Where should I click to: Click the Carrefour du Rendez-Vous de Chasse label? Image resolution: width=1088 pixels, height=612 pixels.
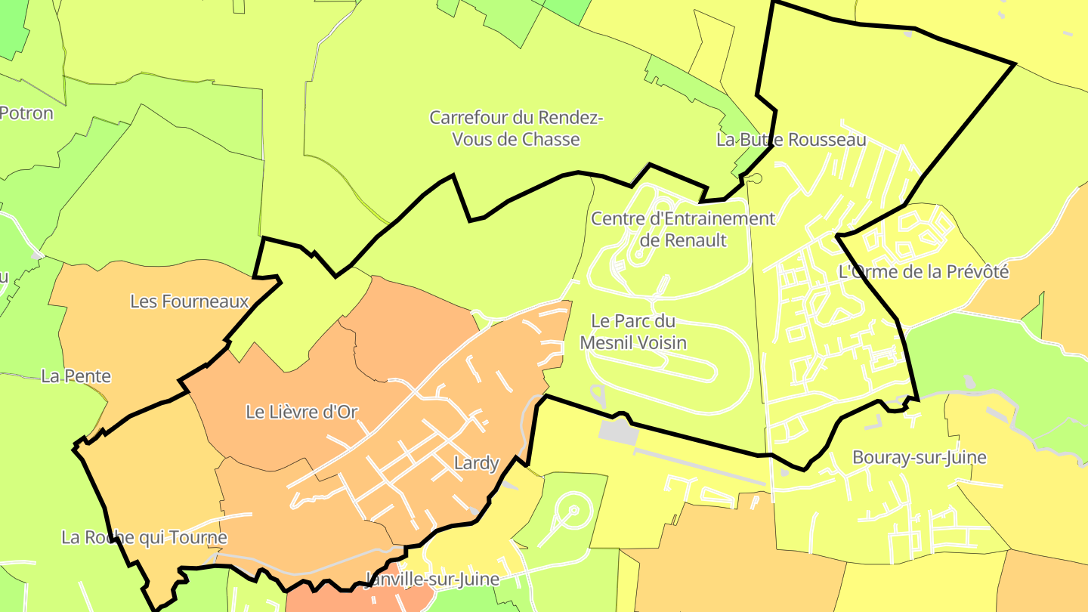516,128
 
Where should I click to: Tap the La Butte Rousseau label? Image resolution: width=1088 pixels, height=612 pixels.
791,140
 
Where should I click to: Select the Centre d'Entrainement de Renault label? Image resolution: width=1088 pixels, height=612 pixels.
683,230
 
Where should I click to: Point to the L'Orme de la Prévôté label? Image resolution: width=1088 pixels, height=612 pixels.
923,272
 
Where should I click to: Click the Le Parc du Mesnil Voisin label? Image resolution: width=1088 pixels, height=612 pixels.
633,332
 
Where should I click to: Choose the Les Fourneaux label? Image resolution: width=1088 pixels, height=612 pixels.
190,301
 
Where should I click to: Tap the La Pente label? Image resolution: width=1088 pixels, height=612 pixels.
76,376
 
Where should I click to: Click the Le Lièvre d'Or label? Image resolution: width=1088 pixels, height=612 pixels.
301,412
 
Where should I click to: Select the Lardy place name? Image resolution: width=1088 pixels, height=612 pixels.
477,462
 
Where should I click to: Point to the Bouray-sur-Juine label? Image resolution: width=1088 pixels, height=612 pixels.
920,457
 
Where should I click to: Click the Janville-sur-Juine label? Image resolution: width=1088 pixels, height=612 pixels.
432,580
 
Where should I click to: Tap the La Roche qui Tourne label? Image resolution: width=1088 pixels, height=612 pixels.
144,538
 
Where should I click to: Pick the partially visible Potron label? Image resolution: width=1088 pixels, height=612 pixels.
27,113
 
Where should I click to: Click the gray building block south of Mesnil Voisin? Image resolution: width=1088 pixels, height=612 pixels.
618,431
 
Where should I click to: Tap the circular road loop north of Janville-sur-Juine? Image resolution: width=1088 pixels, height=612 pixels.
573,511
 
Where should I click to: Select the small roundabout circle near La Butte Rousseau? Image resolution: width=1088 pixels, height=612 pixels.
755,178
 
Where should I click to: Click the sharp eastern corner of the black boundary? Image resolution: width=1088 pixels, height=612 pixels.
1012,64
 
